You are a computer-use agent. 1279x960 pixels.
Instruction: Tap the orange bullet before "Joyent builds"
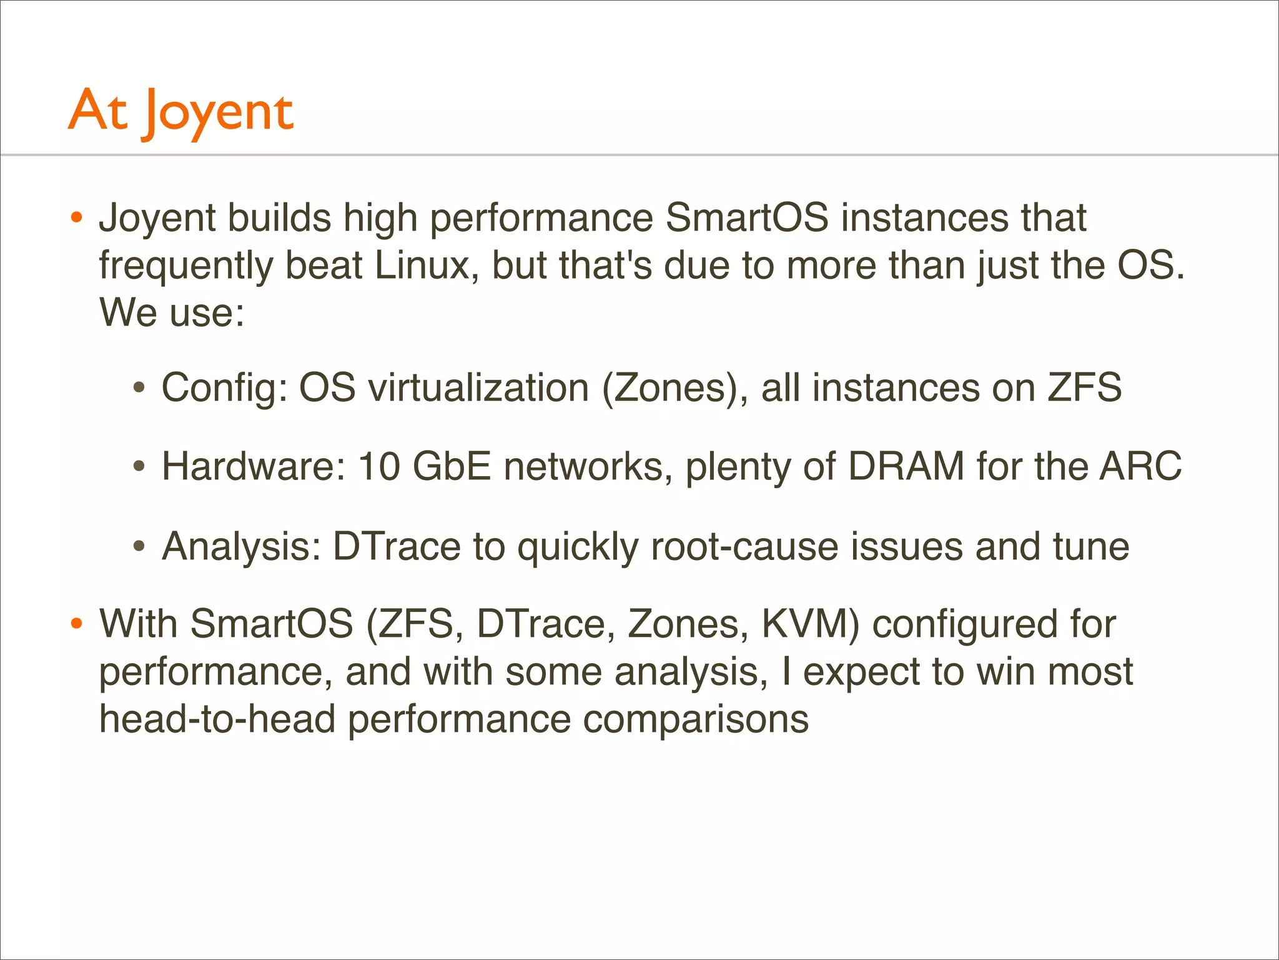76,218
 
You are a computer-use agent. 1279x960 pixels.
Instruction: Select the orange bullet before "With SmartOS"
76,624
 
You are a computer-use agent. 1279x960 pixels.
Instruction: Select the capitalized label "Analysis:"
242,547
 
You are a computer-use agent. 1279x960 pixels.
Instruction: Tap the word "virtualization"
478,387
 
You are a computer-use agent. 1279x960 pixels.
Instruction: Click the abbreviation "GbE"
452,466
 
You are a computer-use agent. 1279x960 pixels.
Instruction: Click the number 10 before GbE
379,466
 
